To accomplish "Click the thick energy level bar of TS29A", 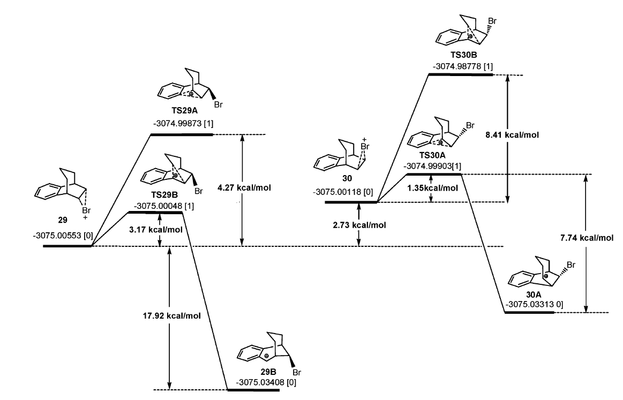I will pos(182,134).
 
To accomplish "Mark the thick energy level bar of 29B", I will pos(253,390).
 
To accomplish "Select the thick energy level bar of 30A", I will pos(529,312).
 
